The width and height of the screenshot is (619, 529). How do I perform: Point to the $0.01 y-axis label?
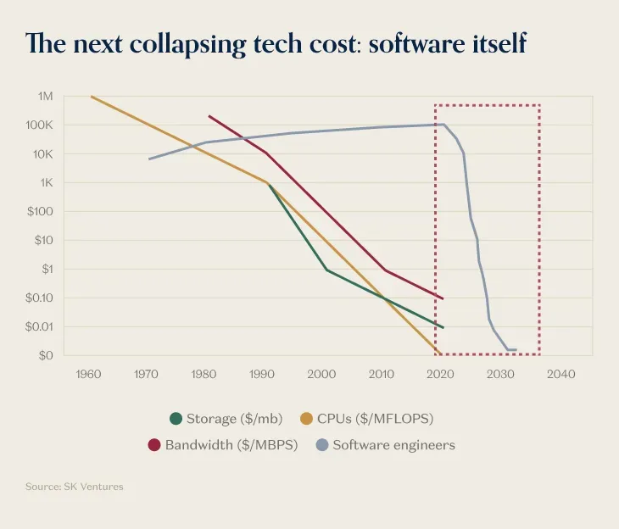[x=37, y=326]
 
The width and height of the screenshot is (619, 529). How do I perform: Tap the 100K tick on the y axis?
[x=40, y=125]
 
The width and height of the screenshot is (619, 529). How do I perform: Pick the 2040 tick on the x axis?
[x=560, y=374]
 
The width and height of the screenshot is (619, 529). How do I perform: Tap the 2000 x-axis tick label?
[x=321, y=374]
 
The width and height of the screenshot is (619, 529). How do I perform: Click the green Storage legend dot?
[x=176, y=418]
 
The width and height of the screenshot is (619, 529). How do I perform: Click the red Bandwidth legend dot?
[x=154, y=445]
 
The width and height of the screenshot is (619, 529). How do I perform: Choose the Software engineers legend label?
[x=393, y=445]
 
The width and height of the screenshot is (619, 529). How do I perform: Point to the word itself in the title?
[x=495, y=43]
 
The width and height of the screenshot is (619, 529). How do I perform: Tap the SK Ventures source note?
[x=75, y=487]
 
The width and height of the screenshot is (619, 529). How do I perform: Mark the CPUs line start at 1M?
[x=92, y=97]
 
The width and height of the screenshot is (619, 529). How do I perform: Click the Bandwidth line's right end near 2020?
[x=443, y=298]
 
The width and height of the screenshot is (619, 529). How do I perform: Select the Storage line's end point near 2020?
[x=443, y=327]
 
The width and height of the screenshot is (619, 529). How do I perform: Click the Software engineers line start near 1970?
[x=149, y=159]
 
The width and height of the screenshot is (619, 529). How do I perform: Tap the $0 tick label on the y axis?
[x=46, y=355]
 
